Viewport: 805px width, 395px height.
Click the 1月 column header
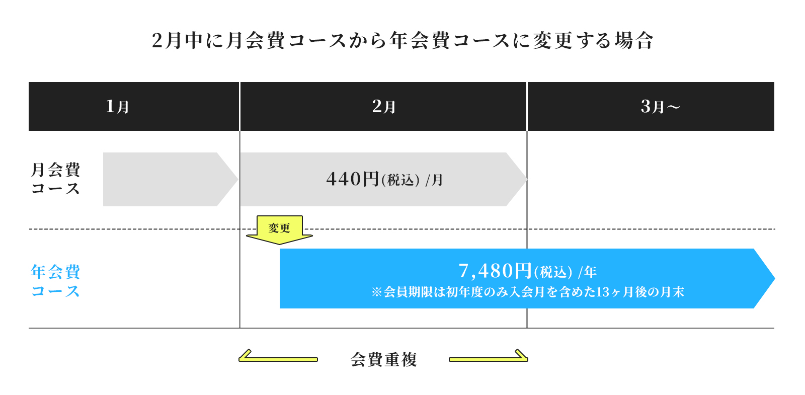point(117,107)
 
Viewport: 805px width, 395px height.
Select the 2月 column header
point(383,107)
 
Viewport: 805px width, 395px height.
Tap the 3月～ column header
point(660,107)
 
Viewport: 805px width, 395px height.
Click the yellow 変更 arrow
point(279,229)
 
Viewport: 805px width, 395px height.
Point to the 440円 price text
point(352,179)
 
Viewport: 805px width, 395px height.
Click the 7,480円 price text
point(495,271)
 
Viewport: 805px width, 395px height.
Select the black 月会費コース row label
point(55,179)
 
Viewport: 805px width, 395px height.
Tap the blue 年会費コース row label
point(55,281)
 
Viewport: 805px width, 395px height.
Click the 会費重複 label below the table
point(383,359)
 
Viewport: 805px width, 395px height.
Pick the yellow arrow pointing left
point(278,357)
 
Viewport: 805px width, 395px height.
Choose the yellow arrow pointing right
point(489,357)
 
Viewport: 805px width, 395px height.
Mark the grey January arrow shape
point(166,179)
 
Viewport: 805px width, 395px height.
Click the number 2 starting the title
point(157,41)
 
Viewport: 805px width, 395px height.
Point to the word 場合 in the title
point(633,41)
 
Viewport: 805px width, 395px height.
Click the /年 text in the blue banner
point(587,272)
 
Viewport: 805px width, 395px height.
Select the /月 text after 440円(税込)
point(434,180)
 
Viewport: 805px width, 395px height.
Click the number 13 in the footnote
point(602,292)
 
